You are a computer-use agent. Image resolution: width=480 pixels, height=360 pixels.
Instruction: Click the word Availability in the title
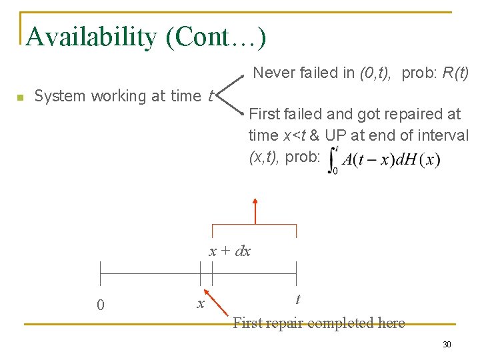click(x=91, y=37)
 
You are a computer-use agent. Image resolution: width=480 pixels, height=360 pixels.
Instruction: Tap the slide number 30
click(x=447, y=344)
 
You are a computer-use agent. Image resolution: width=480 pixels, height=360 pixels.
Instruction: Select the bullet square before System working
click(x=21, y=97)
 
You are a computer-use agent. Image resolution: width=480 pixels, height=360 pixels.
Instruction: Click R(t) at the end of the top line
click(x=456, y=73)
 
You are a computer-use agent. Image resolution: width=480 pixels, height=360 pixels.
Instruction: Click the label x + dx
click(x=230, y=251)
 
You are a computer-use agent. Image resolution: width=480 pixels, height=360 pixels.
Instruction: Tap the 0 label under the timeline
click(x=100, y=305)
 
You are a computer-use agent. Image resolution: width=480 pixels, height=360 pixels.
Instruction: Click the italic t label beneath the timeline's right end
click(x=297, y=300)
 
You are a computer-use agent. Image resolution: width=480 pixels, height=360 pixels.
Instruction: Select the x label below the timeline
click(x=200, y=304)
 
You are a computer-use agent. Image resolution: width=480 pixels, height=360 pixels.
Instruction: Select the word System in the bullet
click(x=61, y=96)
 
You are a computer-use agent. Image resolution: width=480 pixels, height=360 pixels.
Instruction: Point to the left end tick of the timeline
click(x=100, y=273)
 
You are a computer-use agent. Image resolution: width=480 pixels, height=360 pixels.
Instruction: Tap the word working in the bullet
click(x=119, y=96)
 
